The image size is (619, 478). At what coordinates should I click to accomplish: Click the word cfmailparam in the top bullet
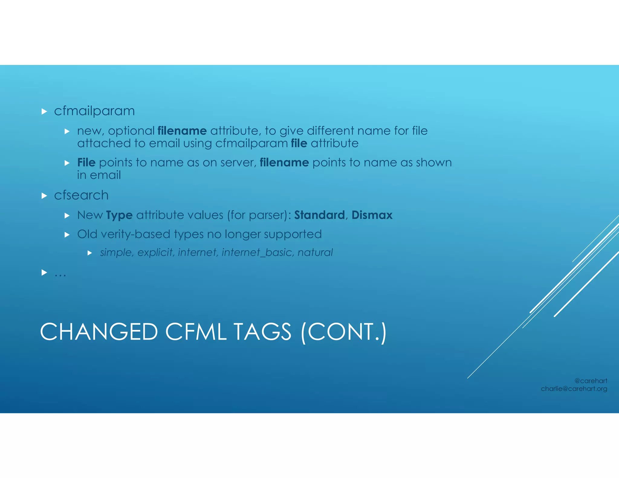click(94, 111)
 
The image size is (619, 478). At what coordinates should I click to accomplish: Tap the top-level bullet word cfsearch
click(81, 195)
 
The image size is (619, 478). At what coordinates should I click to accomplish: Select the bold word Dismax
click(372, 215)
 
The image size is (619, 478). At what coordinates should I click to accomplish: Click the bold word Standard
click(319, 215)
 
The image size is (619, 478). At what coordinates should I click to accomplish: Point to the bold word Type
click(119, 215)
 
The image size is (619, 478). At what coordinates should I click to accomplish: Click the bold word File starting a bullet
click(86, 163)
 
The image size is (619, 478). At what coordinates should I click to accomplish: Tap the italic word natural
click(315, 252)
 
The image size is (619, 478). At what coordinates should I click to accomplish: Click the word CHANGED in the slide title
click(99, 332)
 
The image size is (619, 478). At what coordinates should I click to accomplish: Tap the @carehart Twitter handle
click(591, 381)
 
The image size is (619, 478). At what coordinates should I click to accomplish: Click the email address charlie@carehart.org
click(574, 389)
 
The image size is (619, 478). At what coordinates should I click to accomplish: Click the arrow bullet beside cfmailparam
click(44, 111)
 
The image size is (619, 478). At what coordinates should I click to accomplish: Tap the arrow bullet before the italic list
click(90, 253)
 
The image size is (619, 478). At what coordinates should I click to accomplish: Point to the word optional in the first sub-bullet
click(131, 131)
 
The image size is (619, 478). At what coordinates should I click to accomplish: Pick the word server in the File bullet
click(238, 163)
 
